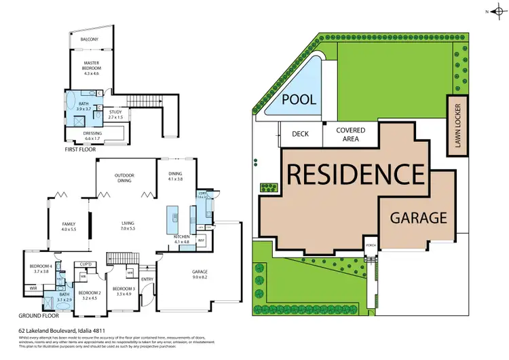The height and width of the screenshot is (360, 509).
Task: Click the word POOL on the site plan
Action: tap(299, 99)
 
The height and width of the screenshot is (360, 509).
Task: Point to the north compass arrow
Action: tap(493, 12)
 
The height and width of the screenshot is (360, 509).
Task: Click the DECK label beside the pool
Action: tap(301, 134)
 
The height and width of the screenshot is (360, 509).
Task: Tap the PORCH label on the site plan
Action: tap(370, 245)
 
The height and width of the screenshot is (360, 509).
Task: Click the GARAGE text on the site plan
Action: tap(418, 217)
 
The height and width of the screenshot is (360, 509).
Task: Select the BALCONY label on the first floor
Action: tap(90, 39)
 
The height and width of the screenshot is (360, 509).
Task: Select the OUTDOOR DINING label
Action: tap(124, 177)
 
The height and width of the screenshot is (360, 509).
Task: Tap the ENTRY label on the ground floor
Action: tap(147, 278)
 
